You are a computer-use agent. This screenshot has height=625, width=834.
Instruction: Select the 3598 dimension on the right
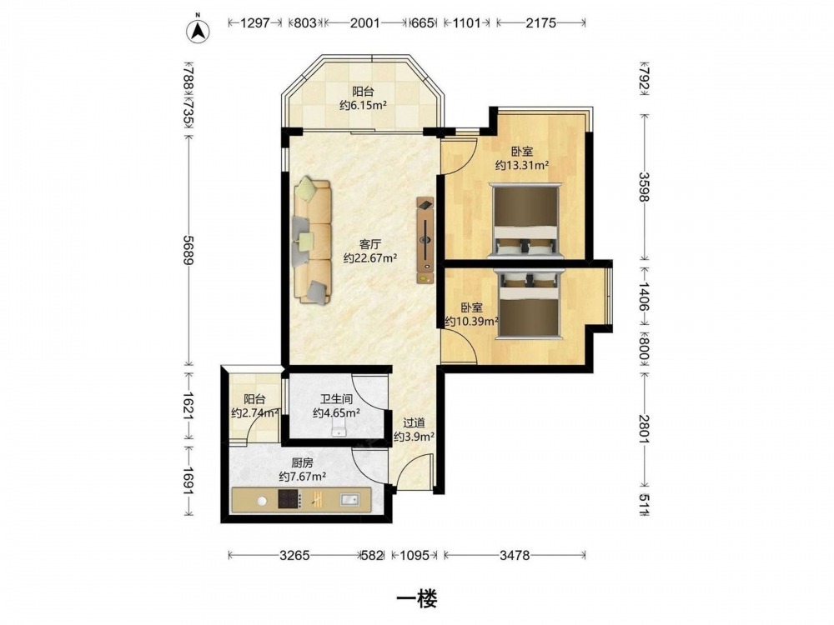tap(644, 187)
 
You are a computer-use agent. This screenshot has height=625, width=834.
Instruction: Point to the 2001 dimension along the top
tap(365, 22)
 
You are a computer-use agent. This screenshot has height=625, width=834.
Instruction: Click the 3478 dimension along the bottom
tap(515, 555)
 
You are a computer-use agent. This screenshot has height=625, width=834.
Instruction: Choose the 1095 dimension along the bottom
tap(414, 555)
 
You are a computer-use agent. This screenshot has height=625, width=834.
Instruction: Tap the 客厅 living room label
tap(370, 244)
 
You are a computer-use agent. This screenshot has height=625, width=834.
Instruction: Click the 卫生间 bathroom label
tap(336, 398)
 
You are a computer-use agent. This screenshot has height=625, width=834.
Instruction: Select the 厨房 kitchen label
tap(303, 462)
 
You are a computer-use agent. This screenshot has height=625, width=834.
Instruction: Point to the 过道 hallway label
tap(414, 423)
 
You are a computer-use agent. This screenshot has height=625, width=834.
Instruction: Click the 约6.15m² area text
tap(363, 105)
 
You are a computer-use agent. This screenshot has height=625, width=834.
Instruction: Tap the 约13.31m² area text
tap(522, 165)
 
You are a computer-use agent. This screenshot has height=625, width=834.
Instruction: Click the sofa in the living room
tap(311, 242)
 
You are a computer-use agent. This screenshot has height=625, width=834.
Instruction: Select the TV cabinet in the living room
tap(425, 240)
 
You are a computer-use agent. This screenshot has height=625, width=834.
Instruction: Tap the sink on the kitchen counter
tap(349, 499)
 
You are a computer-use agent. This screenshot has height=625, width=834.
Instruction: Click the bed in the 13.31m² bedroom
tap(525, 221)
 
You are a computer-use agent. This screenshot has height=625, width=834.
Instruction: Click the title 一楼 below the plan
tap(417, 599)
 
